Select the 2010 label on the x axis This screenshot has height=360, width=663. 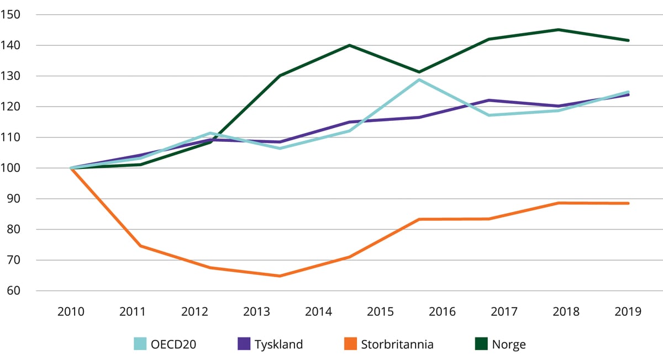pos(71,312)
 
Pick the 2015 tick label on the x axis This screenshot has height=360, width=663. pos(380,312)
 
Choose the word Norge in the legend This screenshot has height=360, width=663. pos(508,345)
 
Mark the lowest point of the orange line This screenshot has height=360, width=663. pos(280,276)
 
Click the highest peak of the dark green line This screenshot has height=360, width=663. pos(559,29)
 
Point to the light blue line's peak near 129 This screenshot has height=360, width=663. pos(419,80)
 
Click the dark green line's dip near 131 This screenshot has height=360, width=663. pos(419,72)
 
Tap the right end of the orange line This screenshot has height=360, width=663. pos(629,203)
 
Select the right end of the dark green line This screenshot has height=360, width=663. pos(629,40)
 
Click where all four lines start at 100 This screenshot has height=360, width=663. pos(71,168)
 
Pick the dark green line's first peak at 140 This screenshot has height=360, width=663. pos(349,45)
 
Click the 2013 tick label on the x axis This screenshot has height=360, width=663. pos(256,312)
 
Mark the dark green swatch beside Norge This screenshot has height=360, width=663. pos(481,345)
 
